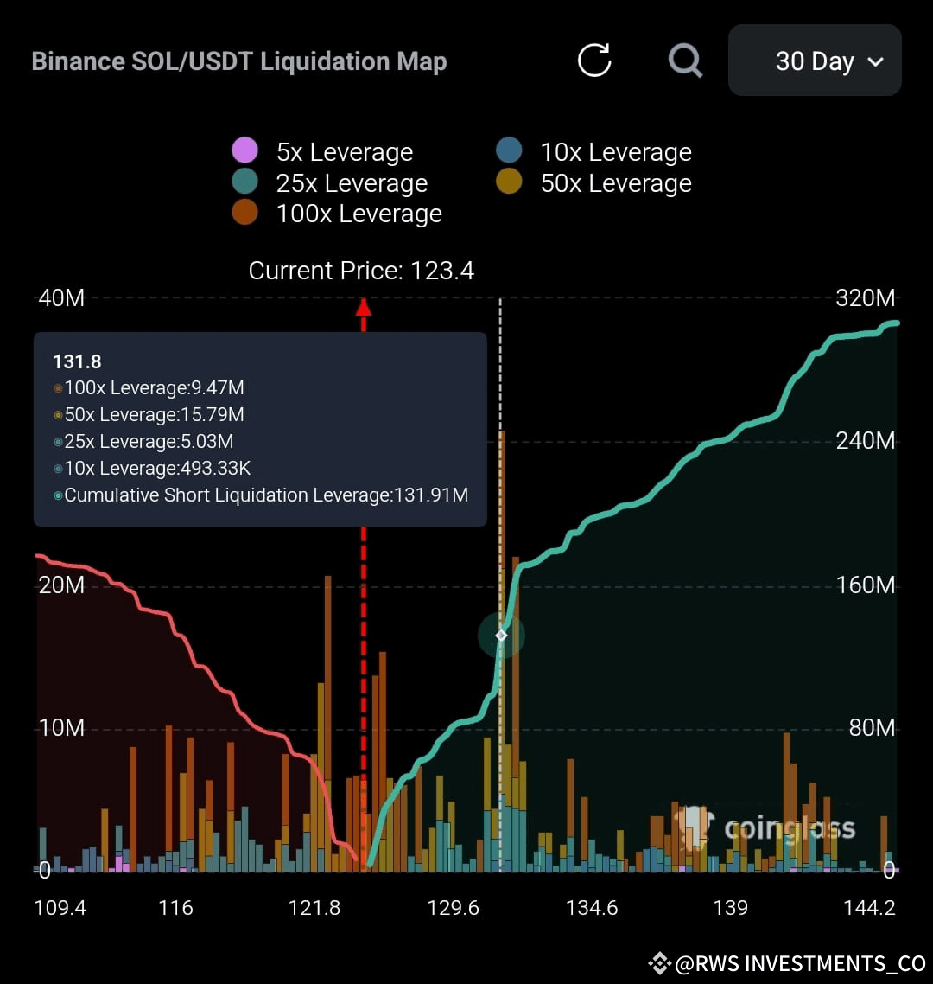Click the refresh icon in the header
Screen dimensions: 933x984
pos(593,61)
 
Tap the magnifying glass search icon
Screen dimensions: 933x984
pos(685,61)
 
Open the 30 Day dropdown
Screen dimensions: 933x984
pos(815,61)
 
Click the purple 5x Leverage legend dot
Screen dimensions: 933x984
pos(244,150)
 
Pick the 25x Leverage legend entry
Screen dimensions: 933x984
pos(330,182)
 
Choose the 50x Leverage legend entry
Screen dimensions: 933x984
pos(593,182)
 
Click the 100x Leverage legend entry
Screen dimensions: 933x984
pos(337,214)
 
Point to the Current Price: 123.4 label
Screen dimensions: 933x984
pos(361,271)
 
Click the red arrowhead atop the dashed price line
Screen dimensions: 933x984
pos(364,307)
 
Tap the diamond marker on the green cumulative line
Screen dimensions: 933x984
pos(501,636)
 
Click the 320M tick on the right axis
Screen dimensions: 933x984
pos(866,297)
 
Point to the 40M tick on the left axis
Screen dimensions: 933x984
pos(60,298)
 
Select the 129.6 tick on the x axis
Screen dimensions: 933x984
pos(453,907)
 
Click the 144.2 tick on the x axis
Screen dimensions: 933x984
pos(869,907)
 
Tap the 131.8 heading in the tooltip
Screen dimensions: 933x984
pos(77,361)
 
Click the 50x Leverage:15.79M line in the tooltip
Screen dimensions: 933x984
pos(149,415)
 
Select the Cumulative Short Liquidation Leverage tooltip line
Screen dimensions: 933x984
pos(261,495)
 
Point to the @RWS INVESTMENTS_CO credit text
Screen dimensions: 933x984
pos(787,963)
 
